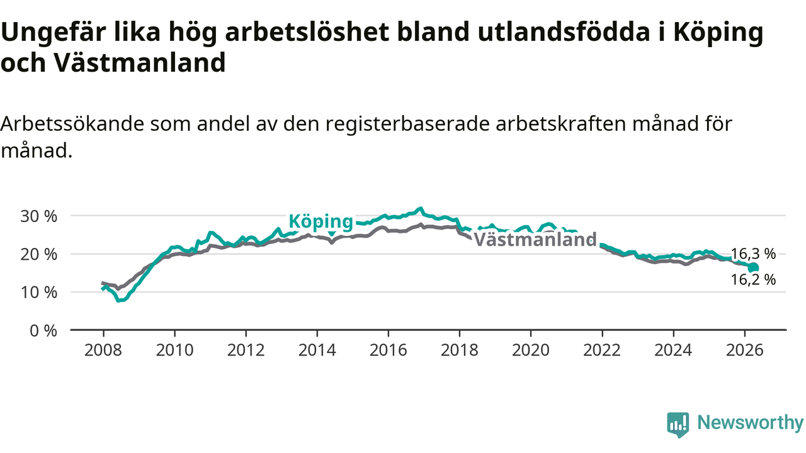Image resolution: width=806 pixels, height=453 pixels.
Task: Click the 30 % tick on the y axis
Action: coord(38,216)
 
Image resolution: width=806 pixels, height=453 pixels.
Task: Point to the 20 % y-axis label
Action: coord(38,255)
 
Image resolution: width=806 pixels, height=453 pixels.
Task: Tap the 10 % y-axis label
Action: coord(38,293)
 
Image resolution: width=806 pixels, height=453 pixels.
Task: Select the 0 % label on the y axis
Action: coord(43,331)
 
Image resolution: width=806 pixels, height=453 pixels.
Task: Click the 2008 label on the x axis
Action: coord(103,350)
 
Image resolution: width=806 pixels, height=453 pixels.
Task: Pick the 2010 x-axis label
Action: coord(174,350)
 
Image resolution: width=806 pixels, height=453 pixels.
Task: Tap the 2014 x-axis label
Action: coord(317,350)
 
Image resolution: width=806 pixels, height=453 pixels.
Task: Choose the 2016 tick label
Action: coord(389,350)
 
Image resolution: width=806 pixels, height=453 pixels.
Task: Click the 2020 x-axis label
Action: coord(531,350)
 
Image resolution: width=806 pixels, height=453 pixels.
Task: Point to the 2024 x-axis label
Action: coord(673,350)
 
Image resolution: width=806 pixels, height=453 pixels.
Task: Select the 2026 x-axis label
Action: coord(744,350)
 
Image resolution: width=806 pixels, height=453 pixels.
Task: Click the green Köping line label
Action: coord(321,222)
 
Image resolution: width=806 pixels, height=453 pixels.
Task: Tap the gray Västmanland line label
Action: coord(535,240)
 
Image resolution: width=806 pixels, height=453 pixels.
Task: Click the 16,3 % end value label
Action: coord(754,254)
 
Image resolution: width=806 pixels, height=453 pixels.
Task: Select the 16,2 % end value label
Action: coord(754,279)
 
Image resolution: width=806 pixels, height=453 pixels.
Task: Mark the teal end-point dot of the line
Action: coord(754,267)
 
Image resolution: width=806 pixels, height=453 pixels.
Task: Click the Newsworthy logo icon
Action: coord(678,424)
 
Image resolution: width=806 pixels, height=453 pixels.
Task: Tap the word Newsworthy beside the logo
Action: coord(750,422)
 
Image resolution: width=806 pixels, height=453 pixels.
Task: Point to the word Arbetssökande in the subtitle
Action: coord(72,124)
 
